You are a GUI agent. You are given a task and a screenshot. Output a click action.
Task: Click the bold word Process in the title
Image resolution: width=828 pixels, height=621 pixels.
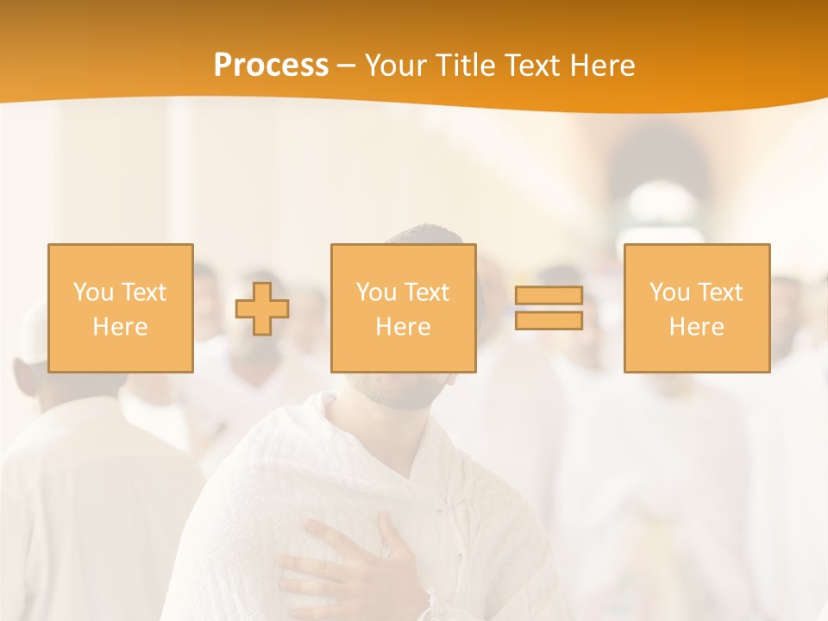click(x=271, y=66)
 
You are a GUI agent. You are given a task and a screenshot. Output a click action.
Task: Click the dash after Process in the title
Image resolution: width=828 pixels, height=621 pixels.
click(x=346, y=66)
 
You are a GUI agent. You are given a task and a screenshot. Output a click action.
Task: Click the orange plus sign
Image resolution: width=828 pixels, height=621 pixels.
click(x=262, y=308)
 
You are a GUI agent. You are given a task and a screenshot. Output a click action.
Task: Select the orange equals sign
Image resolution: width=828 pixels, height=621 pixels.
click(x=549, y=308)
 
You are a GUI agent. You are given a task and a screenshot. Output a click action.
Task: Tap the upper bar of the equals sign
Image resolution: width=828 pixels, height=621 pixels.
click(x=549, y=296)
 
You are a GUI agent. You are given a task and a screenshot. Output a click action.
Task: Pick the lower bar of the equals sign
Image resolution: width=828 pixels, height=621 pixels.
click(x=549, y=320)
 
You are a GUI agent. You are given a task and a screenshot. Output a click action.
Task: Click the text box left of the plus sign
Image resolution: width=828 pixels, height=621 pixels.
click(x=120, y=308)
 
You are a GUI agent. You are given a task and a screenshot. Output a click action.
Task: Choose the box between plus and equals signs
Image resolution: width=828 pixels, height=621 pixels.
click(x=403, y=308)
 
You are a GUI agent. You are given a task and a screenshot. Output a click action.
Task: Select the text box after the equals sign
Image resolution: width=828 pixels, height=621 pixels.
click(x=696, y=308)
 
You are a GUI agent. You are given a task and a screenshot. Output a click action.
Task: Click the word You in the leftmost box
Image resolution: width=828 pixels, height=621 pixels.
click(x=92, y=292)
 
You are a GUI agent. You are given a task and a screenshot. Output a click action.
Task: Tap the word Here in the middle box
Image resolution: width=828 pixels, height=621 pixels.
click(x=403, y=327)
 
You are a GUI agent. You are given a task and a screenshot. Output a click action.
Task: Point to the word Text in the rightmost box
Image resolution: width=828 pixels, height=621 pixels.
click(x=718, y=292)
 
